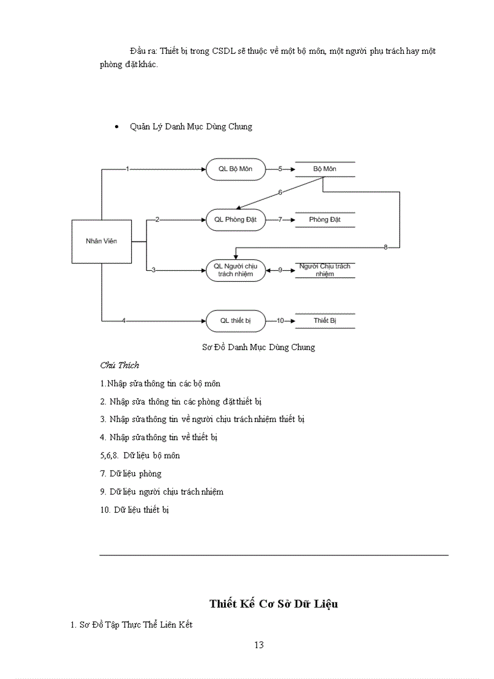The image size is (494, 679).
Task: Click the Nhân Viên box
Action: (102, 241)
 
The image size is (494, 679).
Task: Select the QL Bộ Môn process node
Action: (235, 169)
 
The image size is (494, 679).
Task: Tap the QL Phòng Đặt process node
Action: (235, 220)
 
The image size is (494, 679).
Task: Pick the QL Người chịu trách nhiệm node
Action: (235, 270)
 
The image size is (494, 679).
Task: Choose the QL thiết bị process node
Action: (235, 321)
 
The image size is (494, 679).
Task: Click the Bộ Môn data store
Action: (324, 169)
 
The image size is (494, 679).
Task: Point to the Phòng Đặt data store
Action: (324, 219)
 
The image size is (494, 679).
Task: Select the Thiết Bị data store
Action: (324, 320)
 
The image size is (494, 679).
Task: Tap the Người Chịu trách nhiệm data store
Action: (324, 270)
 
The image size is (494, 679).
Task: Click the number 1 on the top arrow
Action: (127, 169)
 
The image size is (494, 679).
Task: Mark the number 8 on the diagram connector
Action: (386, 247)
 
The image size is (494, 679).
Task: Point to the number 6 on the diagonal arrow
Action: (280, 192)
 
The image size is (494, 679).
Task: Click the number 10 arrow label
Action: (280, 321)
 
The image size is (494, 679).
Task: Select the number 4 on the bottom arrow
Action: (123, 321)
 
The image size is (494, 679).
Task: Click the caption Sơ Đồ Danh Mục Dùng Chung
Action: (259, 348)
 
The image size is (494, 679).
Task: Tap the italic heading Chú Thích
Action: (119, 365)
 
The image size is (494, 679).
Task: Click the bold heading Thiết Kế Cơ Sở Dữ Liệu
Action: (274, 603)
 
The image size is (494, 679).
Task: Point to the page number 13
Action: (259, 645)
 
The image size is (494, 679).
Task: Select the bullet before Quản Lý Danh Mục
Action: (117, 127)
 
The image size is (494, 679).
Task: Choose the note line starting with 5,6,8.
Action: (140, 455)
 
